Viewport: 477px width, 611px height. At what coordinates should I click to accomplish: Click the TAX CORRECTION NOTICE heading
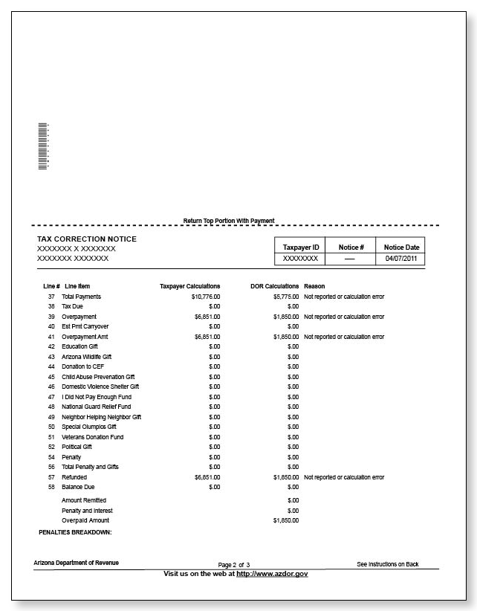(x=87, y=239)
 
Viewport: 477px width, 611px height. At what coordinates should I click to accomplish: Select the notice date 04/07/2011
(x=402, y=259)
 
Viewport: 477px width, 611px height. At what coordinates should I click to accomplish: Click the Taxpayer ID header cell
(x=301, y=247)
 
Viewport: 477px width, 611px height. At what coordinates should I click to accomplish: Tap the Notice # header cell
(x=351, y=247)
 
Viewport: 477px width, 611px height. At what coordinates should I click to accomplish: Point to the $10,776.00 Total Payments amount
(x=206, y=297)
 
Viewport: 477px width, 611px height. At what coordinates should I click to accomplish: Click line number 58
(x=51, y=487)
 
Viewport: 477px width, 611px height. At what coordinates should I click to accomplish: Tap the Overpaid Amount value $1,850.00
(x=285, y=520)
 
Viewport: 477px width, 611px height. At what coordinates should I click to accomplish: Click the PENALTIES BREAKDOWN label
(x=74, y=533)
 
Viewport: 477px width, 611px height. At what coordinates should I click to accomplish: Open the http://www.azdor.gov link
(x=272, y=574)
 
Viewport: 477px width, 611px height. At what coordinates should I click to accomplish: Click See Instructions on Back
(x=387, y=564)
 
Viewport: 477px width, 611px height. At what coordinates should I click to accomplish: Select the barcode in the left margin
(x=43, y=146)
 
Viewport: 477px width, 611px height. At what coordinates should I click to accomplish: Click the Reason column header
(x=314, y=286)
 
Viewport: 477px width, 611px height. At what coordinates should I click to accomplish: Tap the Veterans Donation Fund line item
(x=93, y=437)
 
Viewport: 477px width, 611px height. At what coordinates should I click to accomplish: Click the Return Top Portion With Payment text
(x=229, y=221)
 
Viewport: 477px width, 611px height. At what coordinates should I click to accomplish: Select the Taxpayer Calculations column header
(x=189, y=286)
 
